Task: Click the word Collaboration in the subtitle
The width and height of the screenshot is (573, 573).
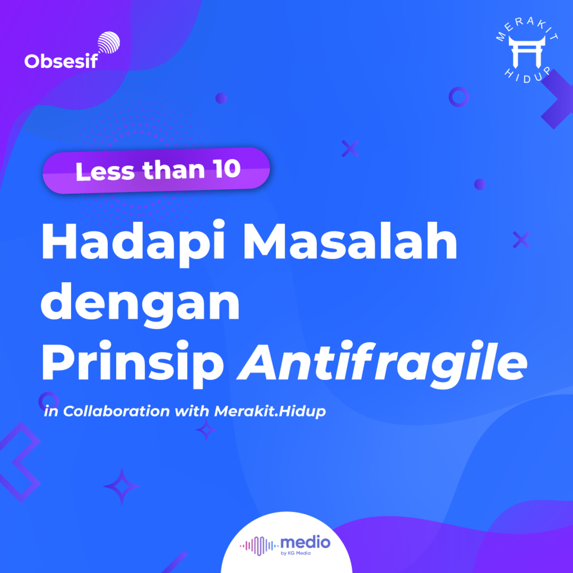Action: (116, 411)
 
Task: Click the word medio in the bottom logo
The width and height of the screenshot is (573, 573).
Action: (305, 542)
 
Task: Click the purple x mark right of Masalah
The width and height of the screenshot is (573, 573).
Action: (521, 240)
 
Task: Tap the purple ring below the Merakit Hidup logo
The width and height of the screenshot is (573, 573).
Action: (459, 97)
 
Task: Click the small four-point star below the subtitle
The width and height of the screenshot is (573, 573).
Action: (206, 429)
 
